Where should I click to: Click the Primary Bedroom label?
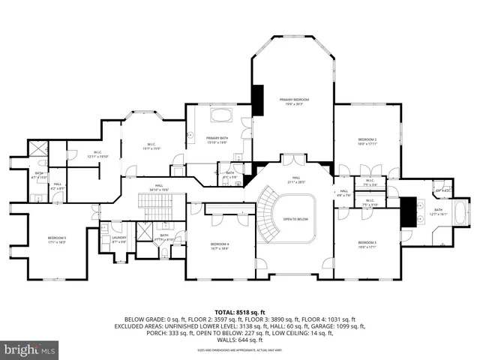click(x=295, y=100)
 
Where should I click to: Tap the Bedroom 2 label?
click(x=367, y=140)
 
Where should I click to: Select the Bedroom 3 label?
click(x=367, y=243)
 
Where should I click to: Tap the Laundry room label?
click(x=118, y=239)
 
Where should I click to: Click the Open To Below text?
click(x=297, y=220)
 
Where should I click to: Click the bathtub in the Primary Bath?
click(x=223, y=115)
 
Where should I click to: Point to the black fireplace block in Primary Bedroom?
click(x=257, y=100)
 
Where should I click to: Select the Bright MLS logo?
click(x=30, y=349)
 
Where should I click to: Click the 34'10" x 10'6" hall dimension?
click(x=159, y=190)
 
